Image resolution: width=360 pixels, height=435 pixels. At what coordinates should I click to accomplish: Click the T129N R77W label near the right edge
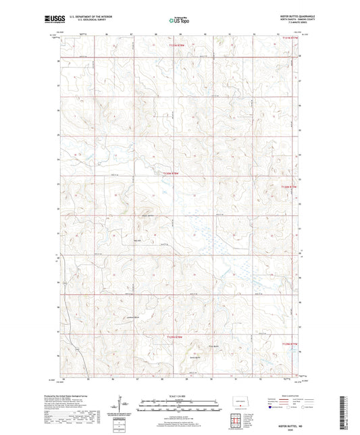pos(288,343)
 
